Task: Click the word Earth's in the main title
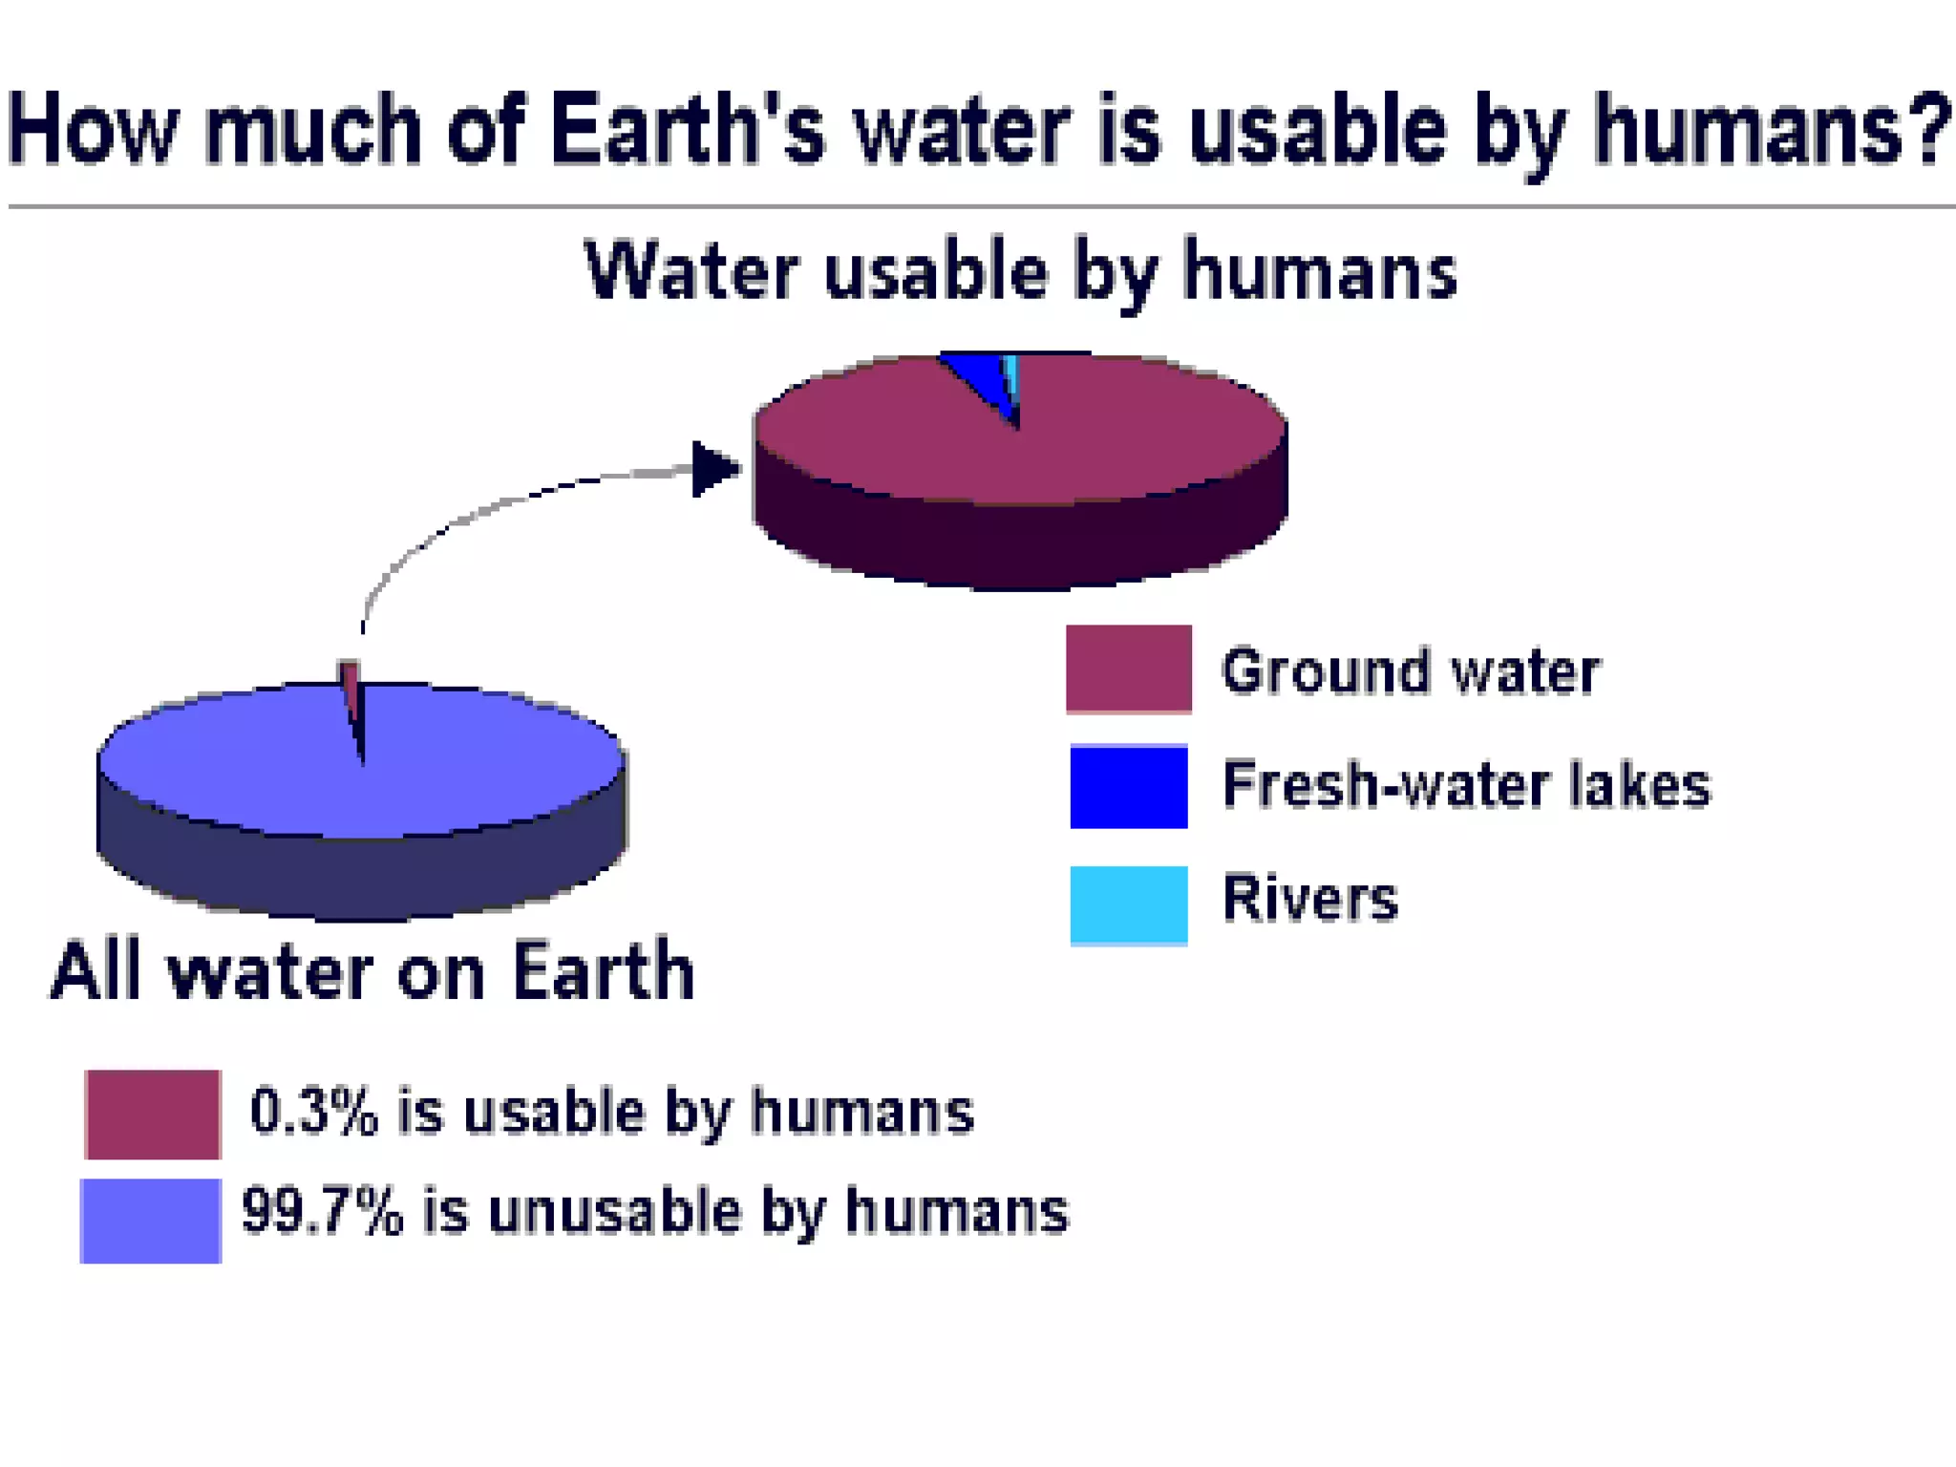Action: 686,130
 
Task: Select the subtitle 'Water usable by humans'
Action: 1020,271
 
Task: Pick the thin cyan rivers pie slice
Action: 1012,377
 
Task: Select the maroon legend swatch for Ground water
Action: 1128,669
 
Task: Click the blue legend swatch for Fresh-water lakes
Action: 1128,786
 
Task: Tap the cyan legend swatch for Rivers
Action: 1128,904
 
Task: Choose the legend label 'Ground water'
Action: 1410,670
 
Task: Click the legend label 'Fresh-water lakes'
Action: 1466,785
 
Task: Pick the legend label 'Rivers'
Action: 1309,899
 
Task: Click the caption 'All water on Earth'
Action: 372,971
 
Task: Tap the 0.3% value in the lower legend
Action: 313,1112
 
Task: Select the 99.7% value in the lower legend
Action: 322,1211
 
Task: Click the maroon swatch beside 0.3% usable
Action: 153,1114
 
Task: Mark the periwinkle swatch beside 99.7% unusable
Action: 151,1221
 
